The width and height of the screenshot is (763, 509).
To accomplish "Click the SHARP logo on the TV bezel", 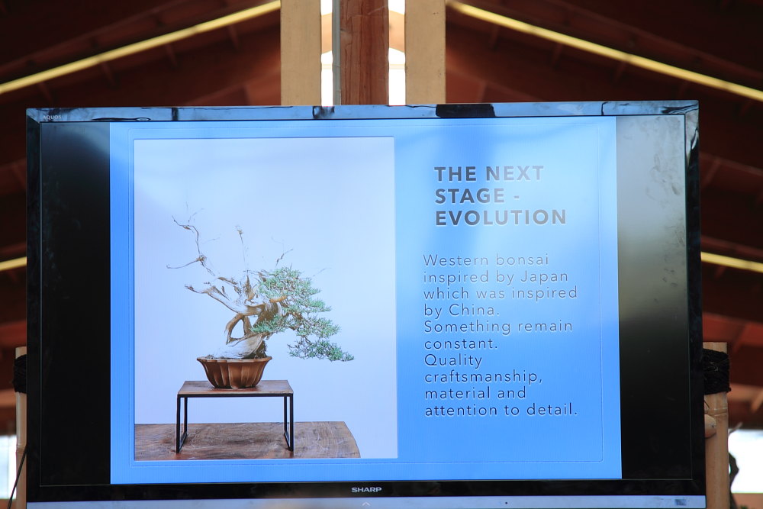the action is (366, 489).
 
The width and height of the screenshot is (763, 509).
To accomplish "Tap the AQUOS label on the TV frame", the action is (51, 118).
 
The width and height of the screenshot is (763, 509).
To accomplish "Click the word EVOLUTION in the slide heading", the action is (501, 217).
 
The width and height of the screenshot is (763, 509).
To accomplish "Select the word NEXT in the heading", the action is (514, 174).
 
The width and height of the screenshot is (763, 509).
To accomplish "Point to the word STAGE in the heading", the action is (469, 195).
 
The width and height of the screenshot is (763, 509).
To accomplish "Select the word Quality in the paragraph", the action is (453, 361).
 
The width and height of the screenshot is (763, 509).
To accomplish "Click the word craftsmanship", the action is (483, 377).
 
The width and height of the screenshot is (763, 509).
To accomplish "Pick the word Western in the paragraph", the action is (456, 260).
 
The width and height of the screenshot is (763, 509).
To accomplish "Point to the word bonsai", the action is (522, 260).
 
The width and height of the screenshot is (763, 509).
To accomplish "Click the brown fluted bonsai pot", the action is (234, 372).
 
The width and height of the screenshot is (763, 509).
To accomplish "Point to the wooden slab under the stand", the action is (246, 440).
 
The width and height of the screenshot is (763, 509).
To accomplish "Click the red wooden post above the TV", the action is (364, 52).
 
